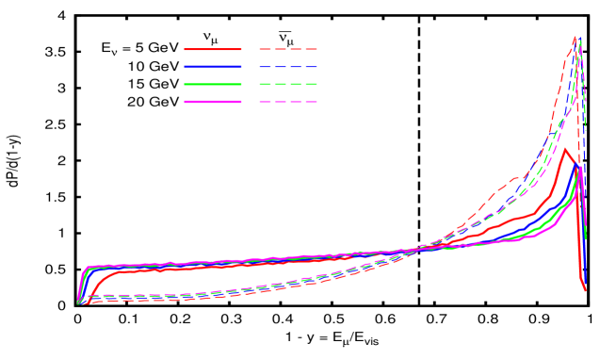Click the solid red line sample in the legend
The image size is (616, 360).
tap(213, 49)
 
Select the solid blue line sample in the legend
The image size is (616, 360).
tap(213, 67)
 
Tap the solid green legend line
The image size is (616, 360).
tap(213, 84)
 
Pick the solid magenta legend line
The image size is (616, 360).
tap(213, 101)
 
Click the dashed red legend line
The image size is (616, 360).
tap(288, 49)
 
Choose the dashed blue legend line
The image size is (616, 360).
tap(288, 67)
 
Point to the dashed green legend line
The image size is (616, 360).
tap(288, 84)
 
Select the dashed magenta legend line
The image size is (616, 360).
tap(288, 101)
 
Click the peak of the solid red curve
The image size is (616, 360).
tap(565, 149)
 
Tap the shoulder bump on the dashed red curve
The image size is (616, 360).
tap(514, 177)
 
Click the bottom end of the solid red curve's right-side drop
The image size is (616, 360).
tap(585, 290)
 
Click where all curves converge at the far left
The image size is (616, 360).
tap(79, 302)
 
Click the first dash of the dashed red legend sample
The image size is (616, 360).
tap(266, 49)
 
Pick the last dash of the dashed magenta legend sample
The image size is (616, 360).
tap(311, 101)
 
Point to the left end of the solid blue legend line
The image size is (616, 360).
tap(186, 67)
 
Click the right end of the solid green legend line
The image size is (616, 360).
tap(240, 84)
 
